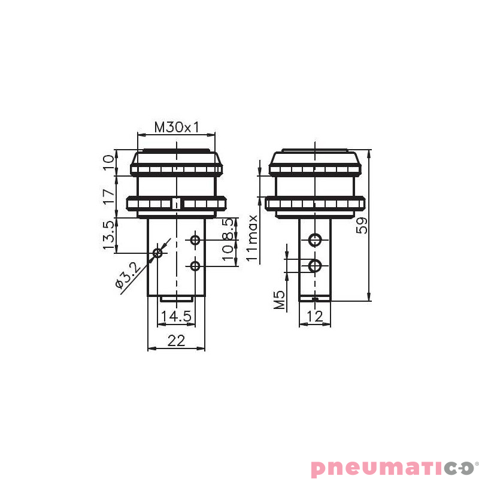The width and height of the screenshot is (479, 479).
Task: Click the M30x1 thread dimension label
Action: [177, 128]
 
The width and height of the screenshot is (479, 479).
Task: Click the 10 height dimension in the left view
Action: [108, 162]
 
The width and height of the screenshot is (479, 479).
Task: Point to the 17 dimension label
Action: [108, 196]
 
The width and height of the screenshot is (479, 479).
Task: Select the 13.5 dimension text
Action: [108, 235]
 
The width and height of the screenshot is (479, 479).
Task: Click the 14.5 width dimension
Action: [175, 316]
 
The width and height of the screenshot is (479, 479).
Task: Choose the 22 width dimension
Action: [176, 341]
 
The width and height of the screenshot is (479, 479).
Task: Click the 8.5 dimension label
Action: [228, 229]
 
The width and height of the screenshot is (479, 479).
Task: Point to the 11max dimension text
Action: [253, 238]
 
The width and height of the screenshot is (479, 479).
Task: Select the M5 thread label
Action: [279, 300]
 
